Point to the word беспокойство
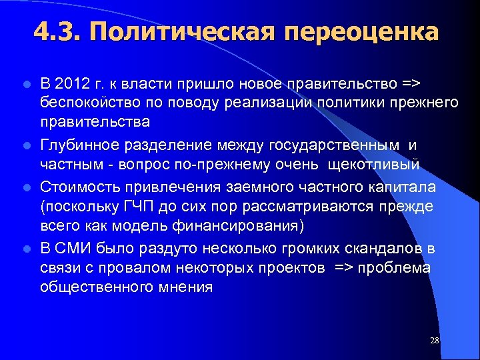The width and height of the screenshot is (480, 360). coord(82,103)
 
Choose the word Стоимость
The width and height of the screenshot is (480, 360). coord(77,187)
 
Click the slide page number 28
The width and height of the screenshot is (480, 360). coord(435,341)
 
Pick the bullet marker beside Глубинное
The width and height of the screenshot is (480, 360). coord(26,145)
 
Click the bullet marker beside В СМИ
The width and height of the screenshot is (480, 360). coord(26,249)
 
